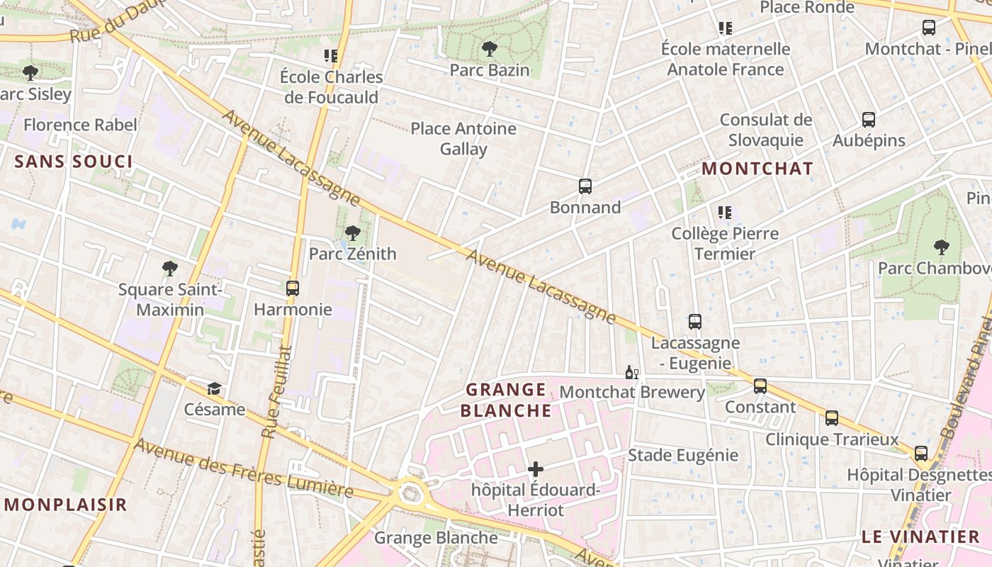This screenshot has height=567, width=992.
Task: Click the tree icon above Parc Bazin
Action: click(x=489, y=49)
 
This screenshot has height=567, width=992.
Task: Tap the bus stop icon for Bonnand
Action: click(x=585, y=186)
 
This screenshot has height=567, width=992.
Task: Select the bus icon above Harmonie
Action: click(x=293, y=288)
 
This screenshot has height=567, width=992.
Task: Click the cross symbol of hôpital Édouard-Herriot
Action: click(x=536, y=469)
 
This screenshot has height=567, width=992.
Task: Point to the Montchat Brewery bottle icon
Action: click(x=631, y=372)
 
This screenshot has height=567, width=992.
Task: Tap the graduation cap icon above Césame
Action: click(x=214, y=388)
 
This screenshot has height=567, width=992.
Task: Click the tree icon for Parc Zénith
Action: click(x=352, y=232)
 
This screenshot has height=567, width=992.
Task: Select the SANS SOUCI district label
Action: click(x=74, y=162)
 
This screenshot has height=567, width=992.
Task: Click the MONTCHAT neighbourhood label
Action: click(x=757, y=169)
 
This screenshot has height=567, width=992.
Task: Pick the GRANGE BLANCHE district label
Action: click(x=506, y=400)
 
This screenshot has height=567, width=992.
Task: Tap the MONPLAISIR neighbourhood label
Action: click(x=66, y=505)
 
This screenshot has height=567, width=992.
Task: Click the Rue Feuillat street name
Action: click(x=276, y=391)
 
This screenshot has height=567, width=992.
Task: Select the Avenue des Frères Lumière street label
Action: click(x=243, y=468)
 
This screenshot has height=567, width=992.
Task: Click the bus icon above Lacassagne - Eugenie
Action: click(x=695, y=322)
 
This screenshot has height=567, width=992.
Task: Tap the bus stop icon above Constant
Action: click(x=760, y=386)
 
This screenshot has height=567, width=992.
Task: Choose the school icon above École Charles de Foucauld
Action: click(x=330, y=55)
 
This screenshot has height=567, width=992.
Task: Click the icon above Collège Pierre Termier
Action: click(x=725, y=212)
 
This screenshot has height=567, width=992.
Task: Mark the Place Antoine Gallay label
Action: click(x=463, y=138)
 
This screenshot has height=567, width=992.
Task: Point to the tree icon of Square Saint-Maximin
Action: click(x=169, y=268)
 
